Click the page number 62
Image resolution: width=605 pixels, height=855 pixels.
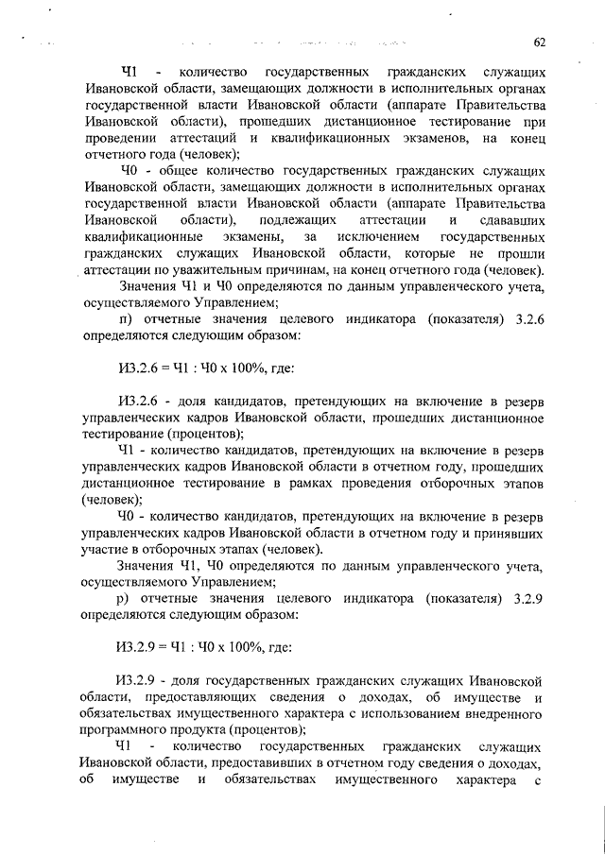point(540,42)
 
